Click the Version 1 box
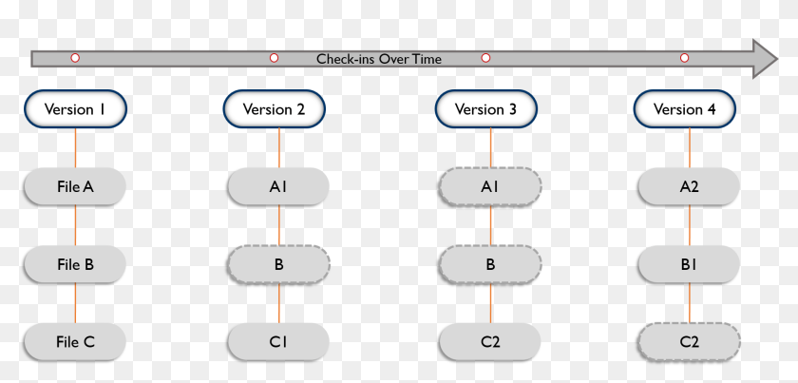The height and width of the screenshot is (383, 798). click(x=75, y=109)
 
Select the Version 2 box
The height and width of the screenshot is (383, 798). click(x=274, y=109)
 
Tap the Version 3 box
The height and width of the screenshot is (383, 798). click(x=485, y=109)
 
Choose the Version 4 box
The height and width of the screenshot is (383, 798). click(x=685, y=109)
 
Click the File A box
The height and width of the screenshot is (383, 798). click(x=75, y=187)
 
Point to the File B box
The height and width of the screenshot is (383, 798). click(x=75, y=264)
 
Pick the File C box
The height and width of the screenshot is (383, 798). click(x=75, y=342)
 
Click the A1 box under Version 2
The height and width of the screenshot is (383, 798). click(x=278, y=187)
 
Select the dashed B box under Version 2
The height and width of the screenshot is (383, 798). click(x=278, y=264)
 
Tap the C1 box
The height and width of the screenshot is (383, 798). click(x=278, y=341)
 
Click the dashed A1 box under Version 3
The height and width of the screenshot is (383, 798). click(x=490, y=187)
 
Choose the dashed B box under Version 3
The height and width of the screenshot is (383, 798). click(x=490, y=264)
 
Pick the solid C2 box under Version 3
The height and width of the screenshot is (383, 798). click(x=490, y=341)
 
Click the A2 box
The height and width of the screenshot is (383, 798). click(x=690, y=187)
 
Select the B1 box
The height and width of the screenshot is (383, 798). click(x=690, y=264)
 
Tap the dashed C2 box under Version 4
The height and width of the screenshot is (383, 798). click(x=690, y=341)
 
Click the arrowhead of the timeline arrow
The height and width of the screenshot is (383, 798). click(x=766, y=59)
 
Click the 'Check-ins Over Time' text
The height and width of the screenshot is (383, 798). click(x=379, y=59)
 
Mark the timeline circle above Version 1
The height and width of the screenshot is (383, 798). click(x=75, y=58)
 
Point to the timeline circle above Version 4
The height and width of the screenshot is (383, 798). click(x=684, y=58)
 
